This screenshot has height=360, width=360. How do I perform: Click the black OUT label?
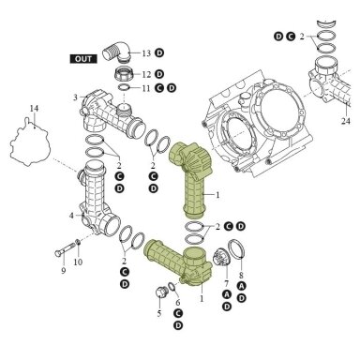point(83,59)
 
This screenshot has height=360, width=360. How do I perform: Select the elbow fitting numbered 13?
point(116,52)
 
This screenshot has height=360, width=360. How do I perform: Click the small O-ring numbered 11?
point(124,87)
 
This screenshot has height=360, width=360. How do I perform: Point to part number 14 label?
point(34,109)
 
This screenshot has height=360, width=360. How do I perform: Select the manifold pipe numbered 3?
point(112,114)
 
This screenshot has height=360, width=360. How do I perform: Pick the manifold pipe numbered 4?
point(97,199)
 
